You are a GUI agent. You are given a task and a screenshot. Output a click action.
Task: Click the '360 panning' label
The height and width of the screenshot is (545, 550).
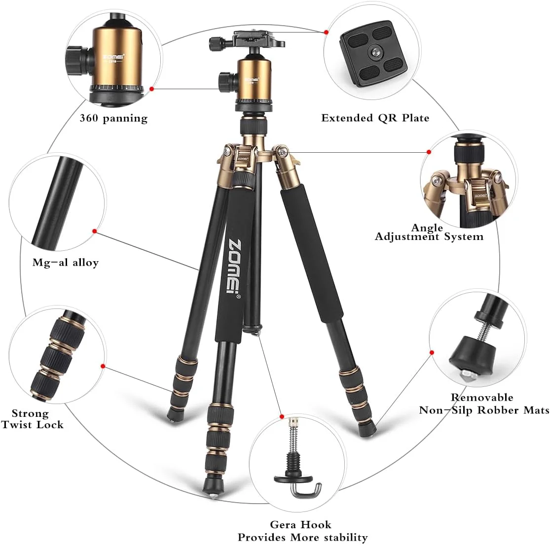click(x=113, y=118)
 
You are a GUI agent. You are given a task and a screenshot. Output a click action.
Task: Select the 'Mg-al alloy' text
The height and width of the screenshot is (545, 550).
click(x=66, y=262)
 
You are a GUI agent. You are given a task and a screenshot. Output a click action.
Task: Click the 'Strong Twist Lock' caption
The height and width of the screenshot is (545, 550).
click(x=32, y=419)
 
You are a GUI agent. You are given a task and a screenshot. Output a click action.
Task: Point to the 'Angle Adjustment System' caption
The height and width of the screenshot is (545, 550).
click(x=429, y=233)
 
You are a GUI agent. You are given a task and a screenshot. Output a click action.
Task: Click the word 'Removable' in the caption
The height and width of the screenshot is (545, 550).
click(x=481, y=397)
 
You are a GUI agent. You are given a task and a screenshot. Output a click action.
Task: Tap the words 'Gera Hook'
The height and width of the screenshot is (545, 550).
click(x=300, y=524)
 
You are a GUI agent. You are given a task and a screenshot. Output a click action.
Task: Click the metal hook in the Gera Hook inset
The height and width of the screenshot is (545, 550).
click(x=306, y=490)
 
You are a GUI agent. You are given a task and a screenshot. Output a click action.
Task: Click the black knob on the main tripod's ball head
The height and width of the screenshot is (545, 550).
click(x=226, y=81)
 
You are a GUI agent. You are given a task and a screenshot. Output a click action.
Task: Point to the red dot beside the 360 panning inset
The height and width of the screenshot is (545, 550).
click(x=151, y=89)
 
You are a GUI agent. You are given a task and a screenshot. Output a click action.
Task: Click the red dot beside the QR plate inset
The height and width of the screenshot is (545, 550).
click(x=326, y=32)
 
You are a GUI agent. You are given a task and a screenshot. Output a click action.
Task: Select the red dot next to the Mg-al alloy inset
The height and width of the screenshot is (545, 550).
click(x=94, y=231)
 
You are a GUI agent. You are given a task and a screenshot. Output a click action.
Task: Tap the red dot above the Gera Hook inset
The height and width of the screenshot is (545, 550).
click(x=282, y=416)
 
